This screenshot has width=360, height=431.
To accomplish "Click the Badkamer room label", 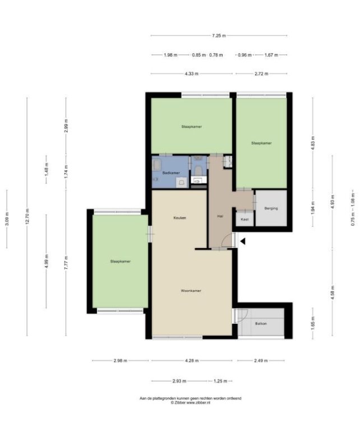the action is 171,173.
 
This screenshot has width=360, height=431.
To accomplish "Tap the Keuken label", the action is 179,218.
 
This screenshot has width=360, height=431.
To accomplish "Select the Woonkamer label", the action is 191,291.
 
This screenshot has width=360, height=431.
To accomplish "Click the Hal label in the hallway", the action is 220,216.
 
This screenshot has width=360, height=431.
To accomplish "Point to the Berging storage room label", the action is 271,208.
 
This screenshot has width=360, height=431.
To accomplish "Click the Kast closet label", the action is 244,219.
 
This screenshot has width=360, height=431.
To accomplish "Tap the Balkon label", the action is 261,323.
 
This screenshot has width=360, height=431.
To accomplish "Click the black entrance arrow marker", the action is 243,241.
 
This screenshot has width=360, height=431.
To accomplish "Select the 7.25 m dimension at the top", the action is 219,35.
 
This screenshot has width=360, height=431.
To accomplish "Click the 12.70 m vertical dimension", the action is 27,216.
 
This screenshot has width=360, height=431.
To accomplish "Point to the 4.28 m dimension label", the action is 192,361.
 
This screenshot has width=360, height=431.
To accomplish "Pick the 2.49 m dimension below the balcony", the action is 261,361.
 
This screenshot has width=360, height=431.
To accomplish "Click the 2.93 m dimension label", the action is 179,381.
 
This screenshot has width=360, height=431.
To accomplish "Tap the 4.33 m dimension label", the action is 191,74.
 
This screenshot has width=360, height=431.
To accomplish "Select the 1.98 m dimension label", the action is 170,55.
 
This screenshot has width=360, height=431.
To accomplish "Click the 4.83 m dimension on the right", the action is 313,144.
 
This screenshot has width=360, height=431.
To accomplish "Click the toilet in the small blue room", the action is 198,171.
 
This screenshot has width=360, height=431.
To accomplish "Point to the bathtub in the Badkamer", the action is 156,165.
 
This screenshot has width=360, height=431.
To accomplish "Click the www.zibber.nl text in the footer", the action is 199,403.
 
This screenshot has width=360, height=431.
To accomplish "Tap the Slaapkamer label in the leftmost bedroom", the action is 120,262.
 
